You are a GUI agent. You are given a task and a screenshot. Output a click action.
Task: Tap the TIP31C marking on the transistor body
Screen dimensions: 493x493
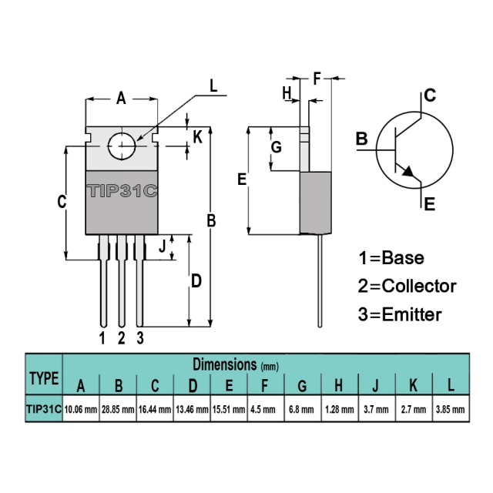coord(122,191)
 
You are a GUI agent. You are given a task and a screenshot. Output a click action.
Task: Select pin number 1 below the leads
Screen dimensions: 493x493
coord(102,338)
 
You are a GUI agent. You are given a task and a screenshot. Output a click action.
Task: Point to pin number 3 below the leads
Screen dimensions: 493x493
coord(140,338)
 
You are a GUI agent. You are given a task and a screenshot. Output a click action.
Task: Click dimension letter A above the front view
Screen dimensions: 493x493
coord(121,99)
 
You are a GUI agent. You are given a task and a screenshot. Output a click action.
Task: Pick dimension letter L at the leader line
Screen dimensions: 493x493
coord(213,86)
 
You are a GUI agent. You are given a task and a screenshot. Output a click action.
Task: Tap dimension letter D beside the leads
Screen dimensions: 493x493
coord(196,280)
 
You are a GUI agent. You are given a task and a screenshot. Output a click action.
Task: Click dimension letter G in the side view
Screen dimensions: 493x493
coord(277,147)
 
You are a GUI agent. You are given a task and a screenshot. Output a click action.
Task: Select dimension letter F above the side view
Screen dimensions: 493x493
coord(317,79)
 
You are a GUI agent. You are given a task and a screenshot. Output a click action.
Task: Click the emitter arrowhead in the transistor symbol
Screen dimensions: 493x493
coord(408,172)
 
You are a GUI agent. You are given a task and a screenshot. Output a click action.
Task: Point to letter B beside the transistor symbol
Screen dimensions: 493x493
coord(362,139)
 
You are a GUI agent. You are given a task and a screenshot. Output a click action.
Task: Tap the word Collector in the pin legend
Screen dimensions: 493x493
coord(419,286)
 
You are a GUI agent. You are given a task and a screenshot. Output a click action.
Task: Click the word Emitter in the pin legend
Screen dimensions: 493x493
coord(412,314)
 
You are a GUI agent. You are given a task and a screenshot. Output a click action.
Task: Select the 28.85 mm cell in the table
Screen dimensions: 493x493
coord(118,409)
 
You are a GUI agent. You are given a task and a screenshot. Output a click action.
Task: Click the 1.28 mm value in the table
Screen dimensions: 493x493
coord(340,409)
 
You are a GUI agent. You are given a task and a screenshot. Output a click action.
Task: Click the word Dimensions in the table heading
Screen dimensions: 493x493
coord(225,364)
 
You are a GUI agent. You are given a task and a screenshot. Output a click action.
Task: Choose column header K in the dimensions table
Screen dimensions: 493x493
coord(413,385)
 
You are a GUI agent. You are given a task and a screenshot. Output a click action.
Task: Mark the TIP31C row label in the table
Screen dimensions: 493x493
coord(44,409)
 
